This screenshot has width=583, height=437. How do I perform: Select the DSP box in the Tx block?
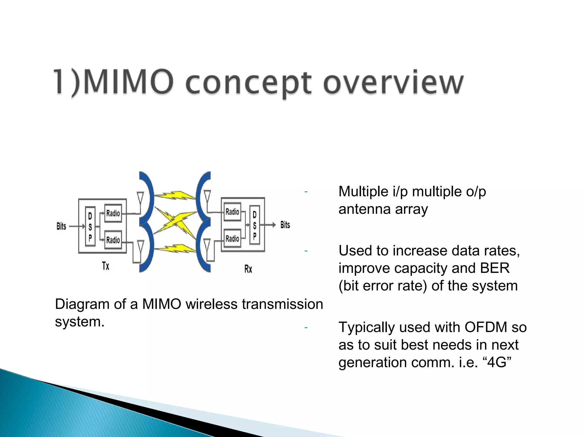pyautogui.click(x=90, y=226)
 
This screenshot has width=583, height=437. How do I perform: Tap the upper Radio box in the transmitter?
pyautogui.click(x=113, y=213)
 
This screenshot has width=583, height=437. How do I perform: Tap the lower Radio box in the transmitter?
pyautogui.click(x=113, y=240)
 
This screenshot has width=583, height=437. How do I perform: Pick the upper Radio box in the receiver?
pyautogui.click(x=232, y=212)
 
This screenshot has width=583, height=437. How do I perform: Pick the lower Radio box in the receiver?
pyautogui.click(x=232, y=238)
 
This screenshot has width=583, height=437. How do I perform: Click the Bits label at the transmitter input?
pyautogui.click(x=61, y=226)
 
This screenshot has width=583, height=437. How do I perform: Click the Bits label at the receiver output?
pyautogui.click(x=285, y=225)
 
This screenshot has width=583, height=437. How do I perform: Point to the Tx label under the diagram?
pyautogui.click(x=106, y=266)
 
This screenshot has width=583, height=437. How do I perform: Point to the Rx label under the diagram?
pyautogui.click(x=248, y=269)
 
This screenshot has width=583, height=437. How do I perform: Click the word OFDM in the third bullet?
pyautogui.click(x=486, y=327)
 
